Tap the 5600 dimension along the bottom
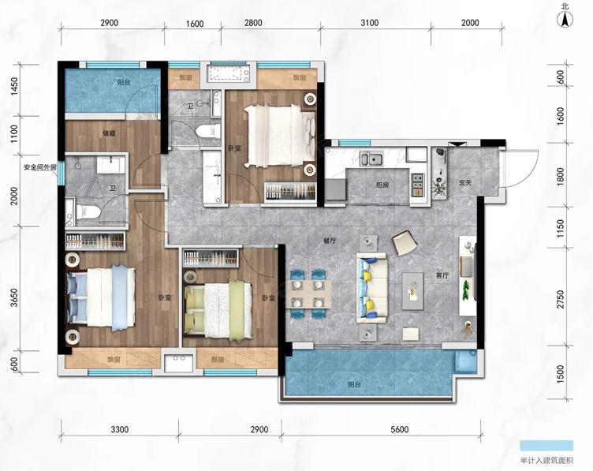click(399, 429)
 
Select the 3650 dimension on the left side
click(14, 297)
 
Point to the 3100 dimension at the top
click(370, 23)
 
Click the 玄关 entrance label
click(465, 183)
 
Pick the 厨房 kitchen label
click(382, 185)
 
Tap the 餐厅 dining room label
click(330, 241)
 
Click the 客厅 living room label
click(442, 275)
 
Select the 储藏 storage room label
click(109, 133)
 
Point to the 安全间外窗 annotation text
click(40, 166)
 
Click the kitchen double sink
click(371, 159)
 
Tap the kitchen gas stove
click(417, 185)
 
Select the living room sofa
click(371, 288)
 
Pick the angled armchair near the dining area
click(405, 243)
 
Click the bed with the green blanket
click(218, 309)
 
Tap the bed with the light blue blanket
click(101, 297)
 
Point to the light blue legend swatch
click(546, 445)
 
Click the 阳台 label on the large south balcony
click(354, 384)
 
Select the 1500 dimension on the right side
click(561, 373)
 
